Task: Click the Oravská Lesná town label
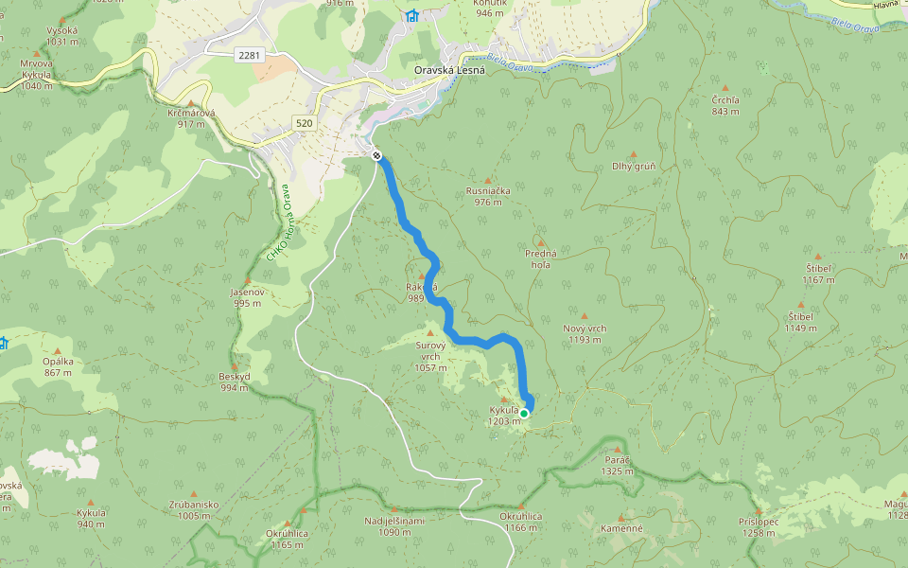(449, 69)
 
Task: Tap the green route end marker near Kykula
(524, 413)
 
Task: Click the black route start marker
(376, 155)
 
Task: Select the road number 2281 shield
(249, 56)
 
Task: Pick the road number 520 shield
(304, 123)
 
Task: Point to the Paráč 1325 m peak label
(617, 464)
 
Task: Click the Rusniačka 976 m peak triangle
(488, 180)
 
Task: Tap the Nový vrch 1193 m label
(585, 333)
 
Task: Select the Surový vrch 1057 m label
(430, 356)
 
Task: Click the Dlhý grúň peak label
(634, 167)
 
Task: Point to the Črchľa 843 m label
(725, 105)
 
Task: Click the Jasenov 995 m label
(247, 297)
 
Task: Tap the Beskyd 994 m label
(235, 382)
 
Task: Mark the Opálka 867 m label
(58, 366)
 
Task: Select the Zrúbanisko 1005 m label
(194, 509)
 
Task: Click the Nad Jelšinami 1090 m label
(394, 525)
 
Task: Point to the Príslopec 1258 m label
(759, 526)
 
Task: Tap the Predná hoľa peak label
(540, 258)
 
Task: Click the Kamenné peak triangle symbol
(621, 518)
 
